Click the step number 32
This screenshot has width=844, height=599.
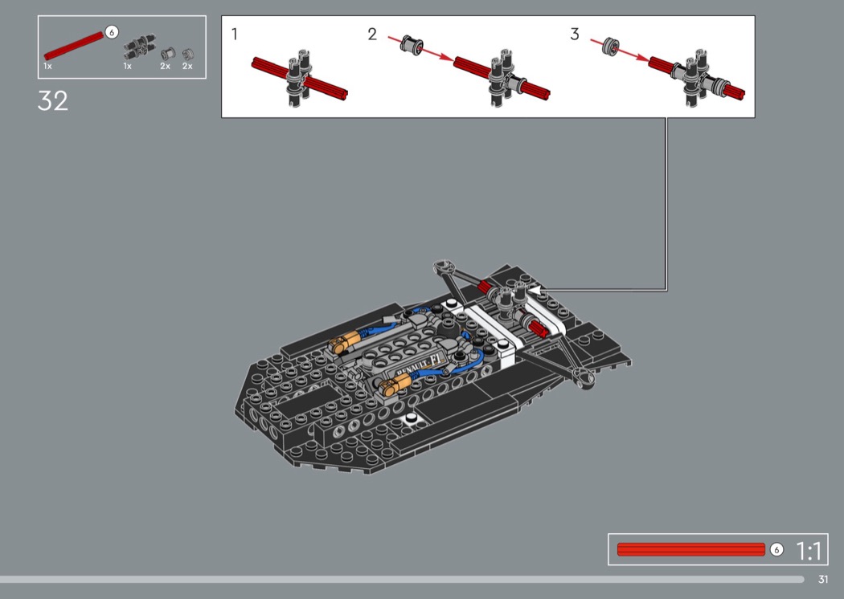point(53,100)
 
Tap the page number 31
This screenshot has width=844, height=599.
point(822,579)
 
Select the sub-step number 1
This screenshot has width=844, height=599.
point(234,34)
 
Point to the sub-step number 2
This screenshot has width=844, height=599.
point(372,34)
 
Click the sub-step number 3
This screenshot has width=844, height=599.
point(575,34)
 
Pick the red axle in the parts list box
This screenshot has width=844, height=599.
point(74,47)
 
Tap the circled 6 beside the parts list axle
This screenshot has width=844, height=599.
point(112,32)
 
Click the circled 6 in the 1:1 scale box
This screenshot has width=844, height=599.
point(776,549)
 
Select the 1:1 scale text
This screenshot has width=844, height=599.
point(809,551)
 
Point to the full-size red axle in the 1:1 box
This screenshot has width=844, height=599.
point(691,549)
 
